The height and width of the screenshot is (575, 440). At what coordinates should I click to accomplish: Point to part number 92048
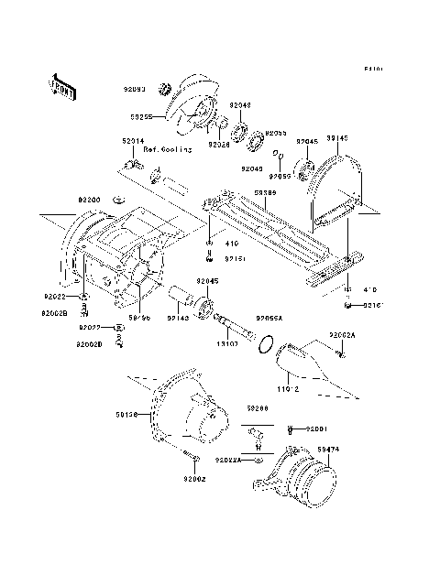pos(239,105)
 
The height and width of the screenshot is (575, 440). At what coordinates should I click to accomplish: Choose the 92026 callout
pos(219,144)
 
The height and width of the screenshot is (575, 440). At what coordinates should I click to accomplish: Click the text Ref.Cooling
pos(169,149)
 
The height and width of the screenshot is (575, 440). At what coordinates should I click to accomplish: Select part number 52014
pos(133,142)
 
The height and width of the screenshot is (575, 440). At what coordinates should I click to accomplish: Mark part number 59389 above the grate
pos(265,192)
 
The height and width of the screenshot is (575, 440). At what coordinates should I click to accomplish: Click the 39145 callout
pos(337,136)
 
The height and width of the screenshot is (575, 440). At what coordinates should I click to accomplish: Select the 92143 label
pos(178,318)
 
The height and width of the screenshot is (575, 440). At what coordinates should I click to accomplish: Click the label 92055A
pos(269,318)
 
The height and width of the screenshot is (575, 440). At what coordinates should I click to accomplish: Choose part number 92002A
pos(343,336)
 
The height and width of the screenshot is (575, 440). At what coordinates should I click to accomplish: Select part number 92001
pos(316,429)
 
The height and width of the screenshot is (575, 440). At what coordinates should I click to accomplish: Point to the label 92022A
pos(228,461)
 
